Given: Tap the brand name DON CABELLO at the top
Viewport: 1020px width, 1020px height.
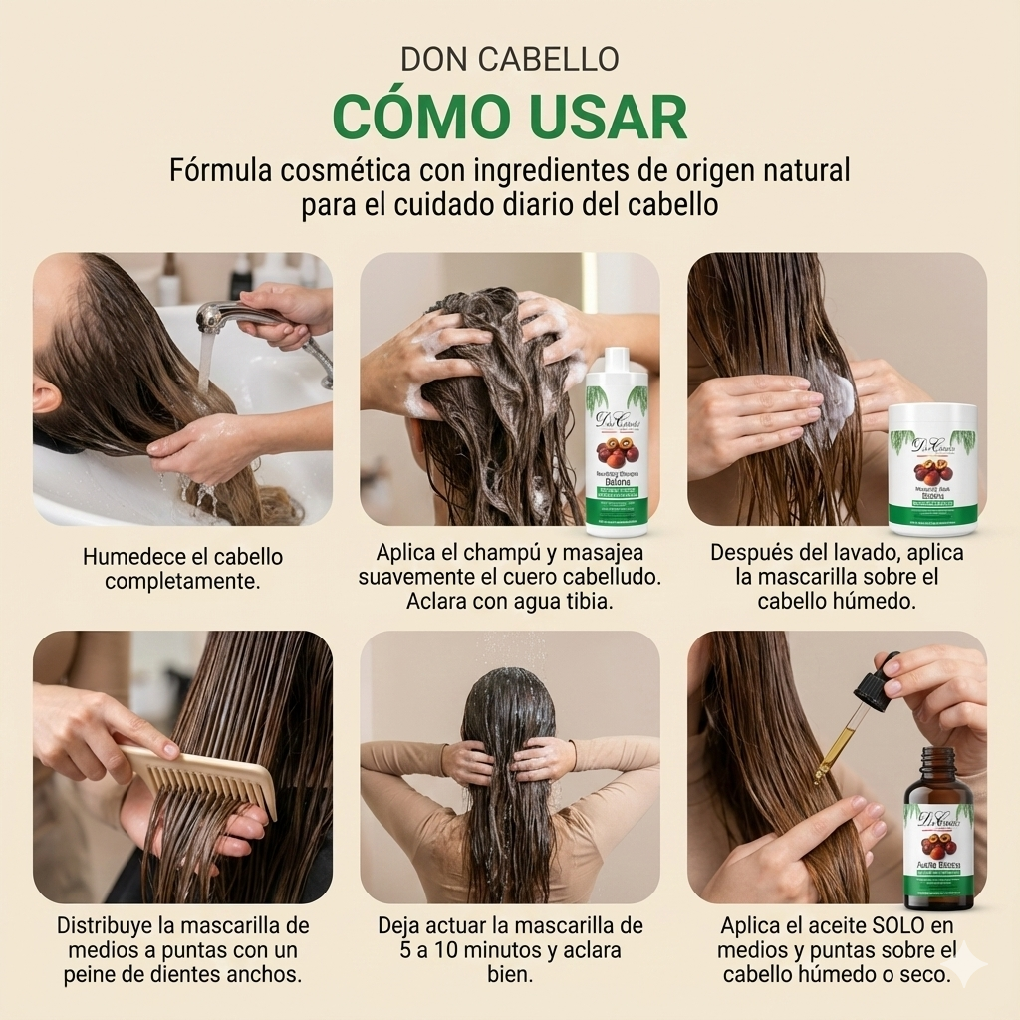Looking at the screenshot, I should click(x=509, y=59).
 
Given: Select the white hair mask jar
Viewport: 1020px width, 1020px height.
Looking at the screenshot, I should click(x=932, y=468).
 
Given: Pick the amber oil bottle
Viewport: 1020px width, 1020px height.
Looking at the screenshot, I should click(x=938, y=832).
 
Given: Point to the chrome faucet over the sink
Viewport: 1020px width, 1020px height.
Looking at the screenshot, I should click(x=239, y=317).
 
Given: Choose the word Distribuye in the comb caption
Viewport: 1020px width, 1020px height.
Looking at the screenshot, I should click(x=110, y=925).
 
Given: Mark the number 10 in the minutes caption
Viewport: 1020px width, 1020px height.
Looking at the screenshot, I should click(x=451, y=950).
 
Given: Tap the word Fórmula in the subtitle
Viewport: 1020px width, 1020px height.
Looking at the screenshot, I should click(x=220, y=170).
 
